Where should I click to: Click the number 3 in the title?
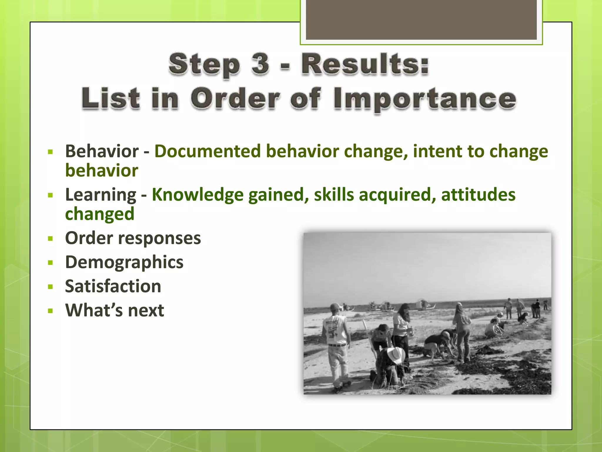260,64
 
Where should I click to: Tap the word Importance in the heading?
425,99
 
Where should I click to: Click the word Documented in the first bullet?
208,151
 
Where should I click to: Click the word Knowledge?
198,195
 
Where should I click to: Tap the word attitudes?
478,195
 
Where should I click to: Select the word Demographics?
124,262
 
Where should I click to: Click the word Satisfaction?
113,286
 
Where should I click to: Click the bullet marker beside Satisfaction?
50,287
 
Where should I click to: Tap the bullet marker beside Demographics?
50,263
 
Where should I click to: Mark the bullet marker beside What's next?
50,311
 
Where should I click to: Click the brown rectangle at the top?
421,19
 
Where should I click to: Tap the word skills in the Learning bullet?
334,195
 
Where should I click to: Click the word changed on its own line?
100,214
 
